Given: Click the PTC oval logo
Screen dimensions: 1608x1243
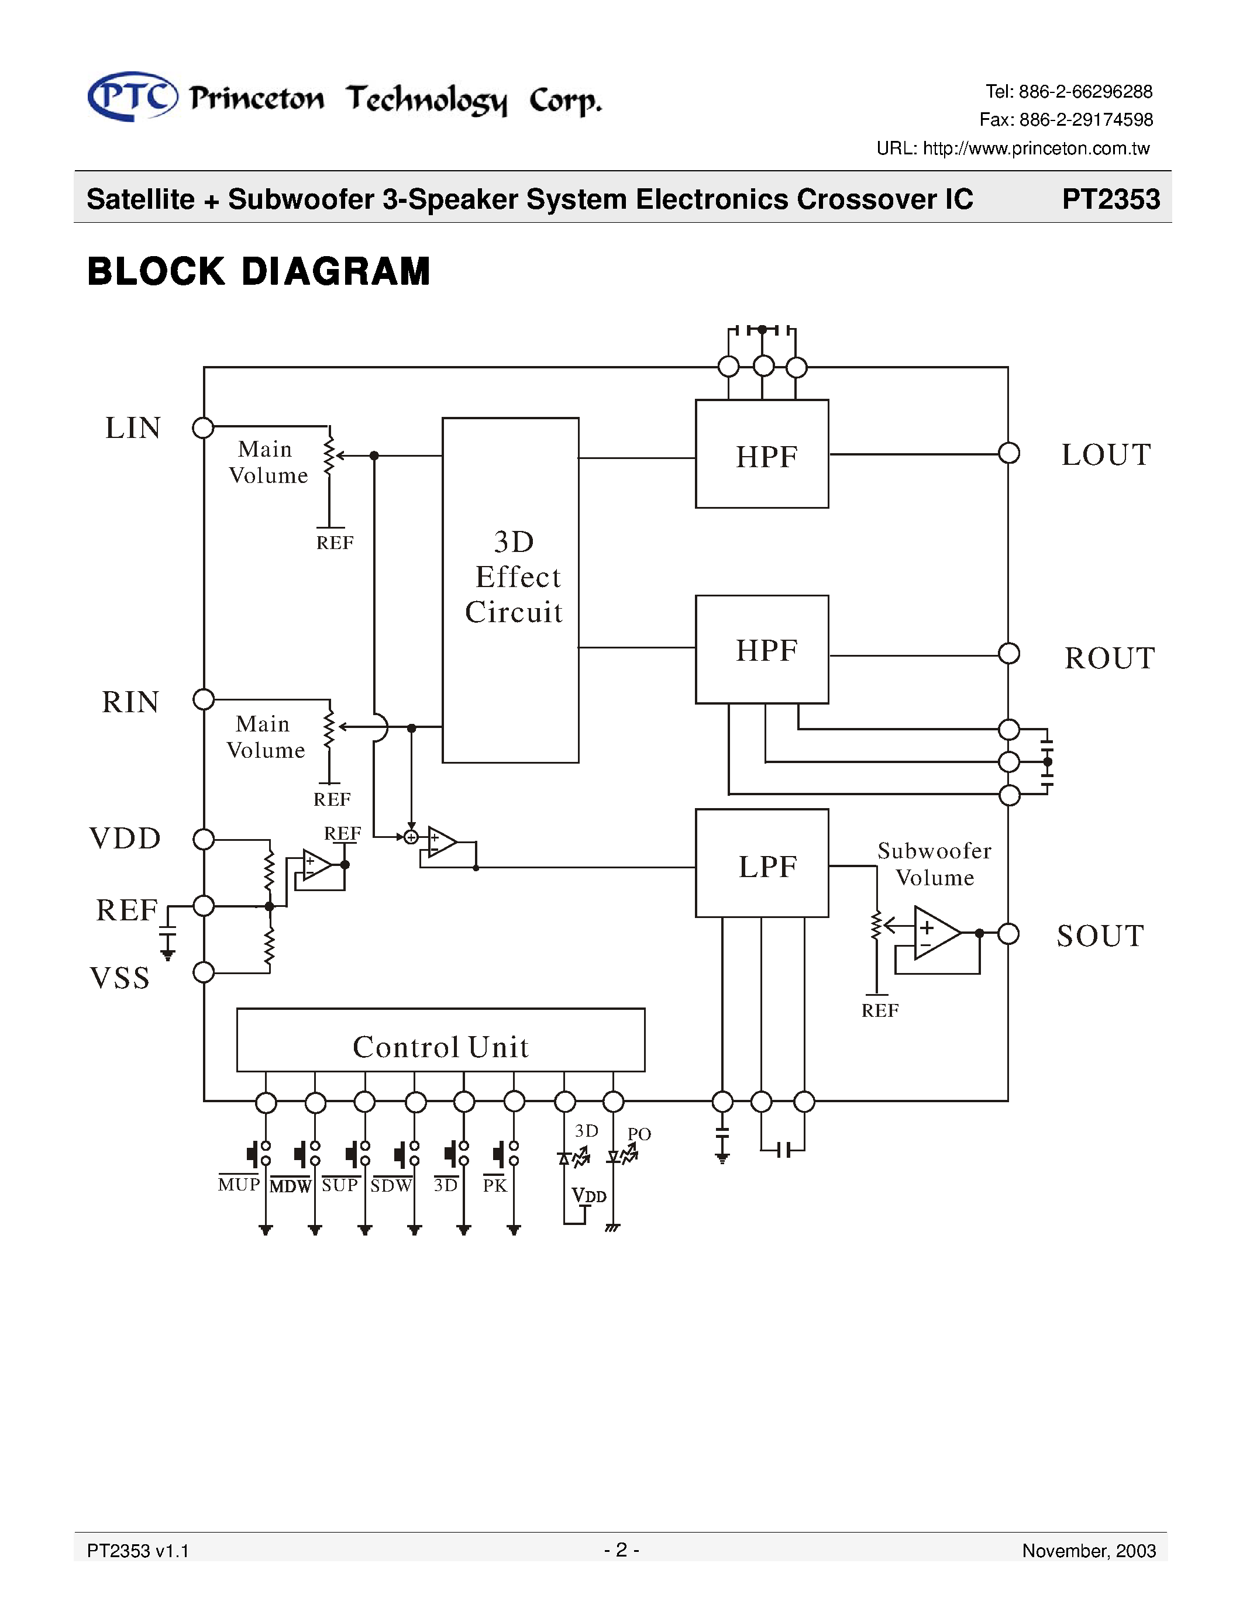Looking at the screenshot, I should (x=133, y=96).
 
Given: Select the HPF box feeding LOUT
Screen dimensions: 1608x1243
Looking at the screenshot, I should (x=762, y=454).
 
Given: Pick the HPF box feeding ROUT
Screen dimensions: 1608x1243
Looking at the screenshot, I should (x=762, y=650).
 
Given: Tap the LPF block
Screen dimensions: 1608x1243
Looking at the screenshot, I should (x=762, y=864).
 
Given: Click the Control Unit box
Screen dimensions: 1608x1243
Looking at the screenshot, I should (x=440, y=1040).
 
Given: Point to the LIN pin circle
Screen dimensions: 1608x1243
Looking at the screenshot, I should (x=202, y=428).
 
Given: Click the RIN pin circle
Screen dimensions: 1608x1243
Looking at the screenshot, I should (x=203, y=699).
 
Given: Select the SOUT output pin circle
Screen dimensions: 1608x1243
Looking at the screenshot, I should (x=1008, y=934).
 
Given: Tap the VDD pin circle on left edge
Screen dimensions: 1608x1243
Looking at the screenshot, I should (x=203, y=839).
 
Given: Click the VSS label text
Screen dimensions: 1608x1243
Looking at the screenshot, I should (x=120, y=978).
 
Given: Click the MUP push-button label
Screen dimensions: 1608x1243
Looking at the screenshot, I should (x=239, y=1185).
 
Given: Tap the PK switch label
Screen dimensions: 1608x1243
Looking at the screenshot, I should (x=495, y=1185).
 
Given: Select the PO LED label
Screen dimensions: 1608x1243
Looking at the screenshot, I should (x=639, y=1134).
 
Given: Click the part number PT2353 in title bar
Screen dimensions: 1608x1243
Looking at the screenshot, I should (x=1110, y=199).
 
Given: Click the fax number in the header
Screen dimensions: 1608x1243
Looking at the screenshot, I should (x=1066, y=119).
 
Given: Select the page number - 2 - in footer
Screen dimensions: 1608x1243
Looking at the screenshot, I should (x=621, y=1550).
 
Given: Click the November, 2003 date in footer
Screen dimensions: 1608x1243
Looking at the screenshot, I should (x=1089, y=1551).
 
